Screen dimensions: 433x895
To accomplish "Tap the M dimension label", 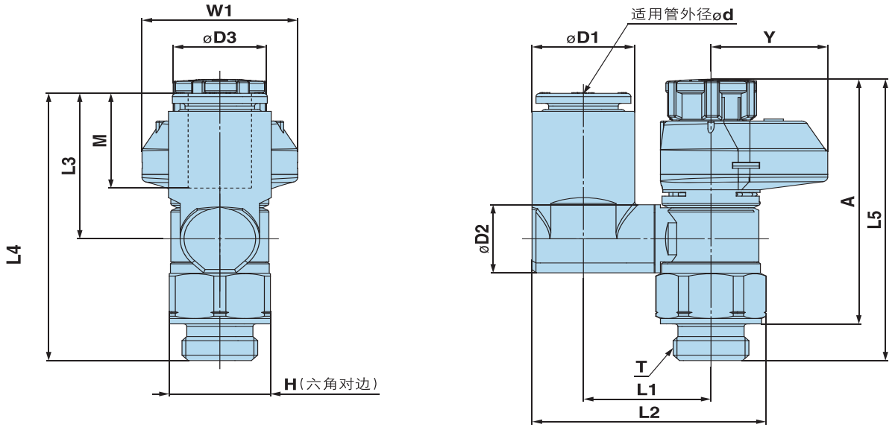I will point(100,139).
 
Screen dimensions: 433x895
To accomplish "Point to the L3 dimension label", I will point(69,165).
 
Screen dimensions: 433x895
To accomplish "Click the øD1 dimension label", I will point(582,37).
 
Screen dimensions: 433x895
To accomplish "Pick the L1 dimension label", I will point(646,389).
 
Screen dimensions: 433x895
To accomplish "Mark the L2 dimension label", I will point(649,412).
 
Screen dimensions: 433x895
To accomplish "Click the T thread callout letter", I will point(641,367).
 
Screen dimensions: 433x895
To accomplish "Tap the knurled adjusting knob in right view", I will point(711,99).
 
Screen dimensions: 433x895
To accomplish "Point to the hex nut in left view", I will point(219,296).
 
